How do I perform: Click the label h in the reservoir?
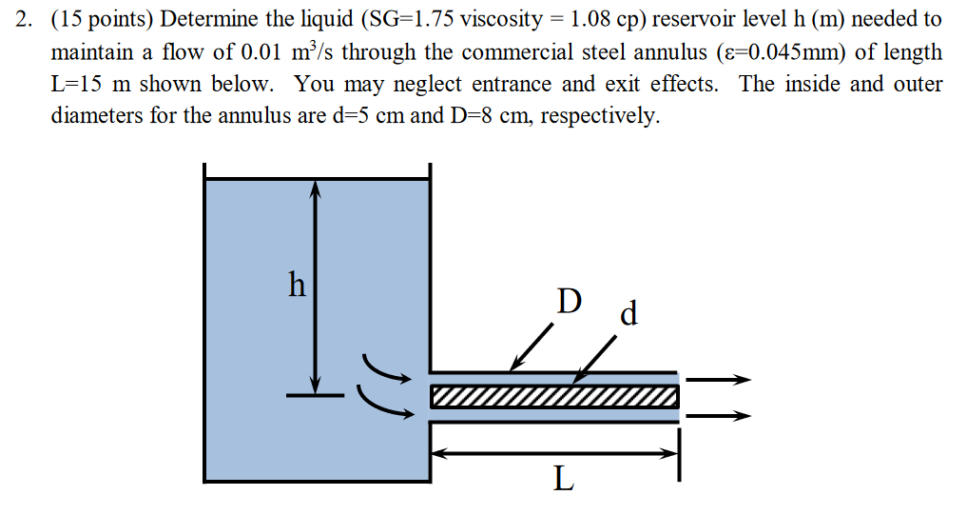pyautogui.click(x=298, y=284)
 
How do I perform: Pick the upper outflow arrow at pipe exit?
pyautogui.click(x=718, y=380)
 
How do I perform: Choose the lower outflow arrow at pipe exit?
pyautogui.click(x=718, y=415)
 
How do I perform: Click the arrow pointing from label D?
pyautogui.click(x=532, y=347)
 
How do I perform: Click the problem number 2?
pyautogui.click(x=26, y=19)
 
